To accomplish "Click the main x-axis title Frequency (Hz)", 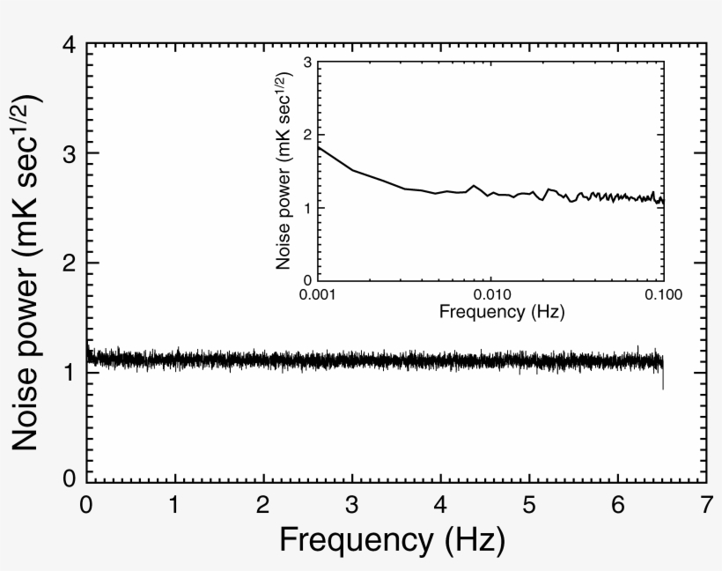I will point(392,538).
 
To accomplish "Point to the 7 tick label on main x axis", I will point(705,505).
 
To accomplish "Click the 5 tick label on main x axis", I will point(529,505).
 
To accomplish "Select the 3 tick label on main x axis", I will point(352,505).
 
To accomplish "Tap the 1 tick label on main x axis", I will point(175,505).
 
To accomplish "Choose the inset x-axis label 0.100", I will point(662,295).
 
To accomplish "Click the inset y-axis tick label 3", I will point(307,63).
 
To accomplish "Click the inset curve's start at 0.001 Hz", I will point(319,146).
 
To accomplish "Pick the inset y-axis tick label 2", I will point(307,135).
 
